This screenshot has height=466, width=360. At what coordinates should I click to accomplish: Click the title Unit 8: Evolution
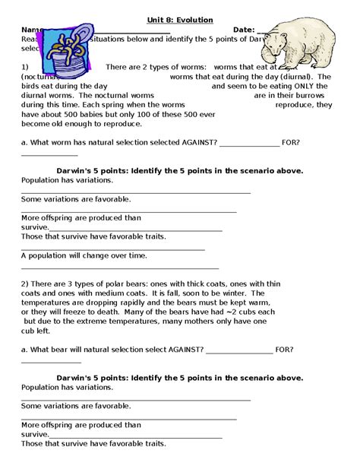(180, 19)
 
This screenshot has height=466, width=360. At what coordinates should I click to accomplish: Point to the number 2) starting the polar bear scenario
(25, 283)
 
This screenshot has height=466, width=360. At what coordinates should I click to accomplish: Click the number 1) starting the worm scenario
(25, 67)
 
